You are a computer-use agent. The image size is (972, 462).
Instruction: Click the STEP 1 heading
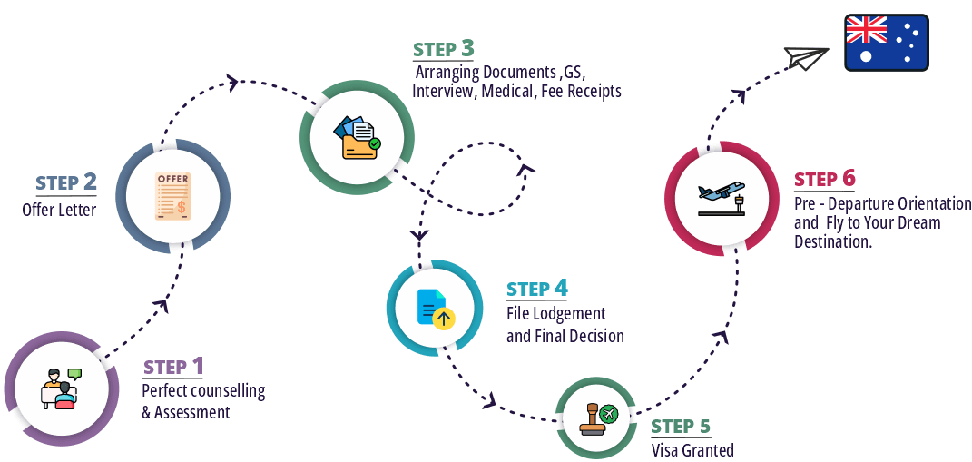(x=173, y=367)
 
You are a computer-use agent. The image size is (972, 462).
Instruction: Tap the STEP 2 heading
(x=66, y=183)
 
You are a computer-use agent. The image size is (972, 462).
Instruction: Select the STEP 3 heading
(x=443, y=49)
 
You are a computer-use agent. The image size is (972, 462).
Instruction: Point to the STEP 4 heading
(x=537, y=290)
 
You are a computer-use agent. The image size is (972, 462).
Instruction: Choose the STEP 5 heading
(x=681, y=427)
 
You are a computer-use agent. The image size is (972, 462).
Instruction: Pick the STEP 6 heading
(x=824, y=179)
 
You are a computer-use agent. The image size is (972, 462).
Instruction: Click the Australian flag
(x=886, y=42)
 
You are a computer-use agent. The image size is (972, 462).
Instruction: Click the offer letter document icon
(x=172, y=197)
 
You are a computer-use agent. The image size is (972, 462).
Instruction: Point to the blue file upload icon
(x=435, y=309)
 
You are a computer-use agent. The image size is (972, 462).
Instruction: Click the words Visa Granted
(x=692, y=450)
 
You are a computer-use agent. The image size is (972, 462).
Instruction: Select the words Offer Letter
(x=59, y=211)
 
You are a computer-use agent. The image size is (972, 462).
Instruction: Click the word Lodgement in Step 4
(x=572, y=314)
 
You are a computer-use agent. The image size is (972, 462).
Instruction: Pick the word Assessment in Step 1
(x=191, y=412)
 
